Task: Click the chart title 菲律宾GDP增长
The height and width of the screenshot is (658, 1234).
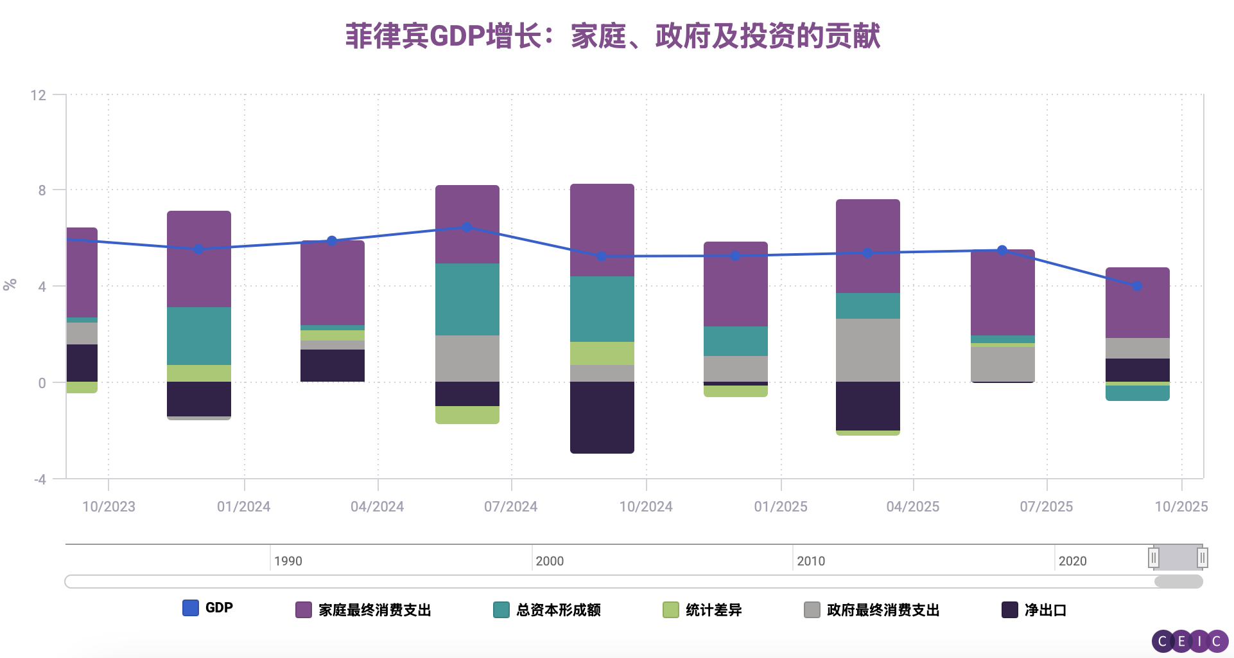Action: [612, 36]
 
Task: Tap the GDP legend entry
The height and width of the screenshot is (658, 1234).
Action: [207, 608]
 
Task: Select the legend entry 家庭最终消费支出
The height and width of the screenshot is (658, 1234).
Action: [363, 610]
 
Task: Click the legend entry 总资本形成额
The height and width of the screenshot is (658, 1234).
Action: [547, 610]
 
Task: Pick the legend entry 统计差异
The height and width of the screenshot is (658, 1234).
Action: [702, 610]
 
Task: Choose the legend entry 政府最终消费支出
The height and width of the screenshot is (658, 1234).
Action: [872, 610]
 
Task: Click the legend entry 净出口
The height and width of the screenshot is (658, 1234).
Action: [1034, 610]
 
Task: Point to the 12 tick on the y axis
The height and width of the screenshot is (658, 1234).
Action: [39, 96]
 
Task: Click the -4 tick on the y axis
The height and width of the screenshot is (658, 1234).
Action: [40, 479]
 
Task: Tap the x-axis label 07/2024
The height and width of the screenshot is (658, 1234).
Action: [510, 506]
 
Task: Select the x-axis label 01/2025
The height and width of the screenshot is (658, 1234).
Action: [780, 506]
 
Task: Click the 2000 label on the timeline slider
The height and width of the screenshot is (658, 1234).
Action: [550, 561]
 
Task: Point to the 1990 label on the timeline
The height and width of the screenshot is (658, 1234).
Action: [288, 561]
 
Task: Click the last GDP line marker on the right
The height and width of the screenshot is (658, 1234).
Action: [1137, 286]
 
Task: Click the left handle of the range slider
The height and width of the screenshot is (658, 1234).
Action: [1154, 557]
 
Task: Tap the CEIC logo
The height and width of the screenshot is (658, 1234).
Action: [1189, 641]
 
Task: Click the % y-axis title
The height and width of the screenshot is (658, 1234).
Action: [10, 285]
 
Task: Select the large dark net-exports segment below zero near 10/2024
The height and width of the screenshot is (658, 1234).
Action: [602, 418]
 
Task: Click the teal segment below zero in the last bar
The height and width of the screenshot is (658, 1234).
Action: [1137, 393]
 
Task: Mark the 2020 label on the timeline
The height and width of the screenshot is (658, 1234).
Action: [1072, 561]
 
